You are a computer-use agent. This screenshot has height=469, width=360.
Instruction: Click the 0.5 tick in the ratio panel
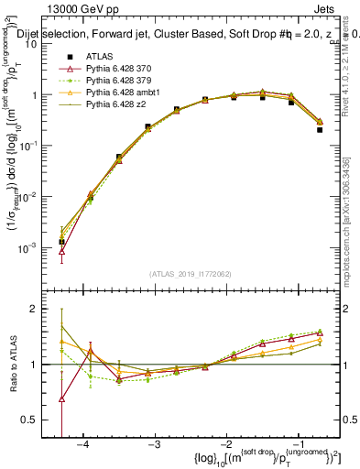pos(35,420)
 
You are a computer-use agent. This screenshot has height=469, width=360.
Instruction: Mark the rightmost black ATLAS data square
pos(320,129)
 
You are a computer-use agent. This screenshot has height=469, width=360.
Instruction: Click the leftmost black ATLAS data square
pos(61,242)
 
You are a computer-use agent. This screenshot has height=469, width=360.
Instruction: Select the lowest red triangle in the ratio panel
pos(61,398)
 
